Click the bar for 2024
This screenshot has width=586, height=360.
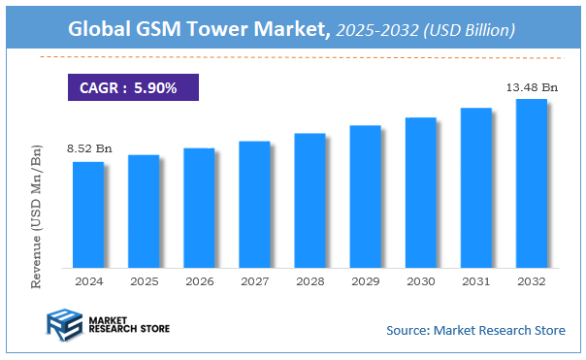click(87, 214)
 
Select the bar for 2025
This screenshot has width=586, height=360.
click(143, 211)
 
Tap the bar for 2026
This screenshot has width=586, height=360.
click(198, 208)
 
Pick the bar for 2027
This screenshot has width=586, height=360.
click(253, 204)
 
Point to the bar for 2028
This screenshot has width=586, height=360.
click(309, 200)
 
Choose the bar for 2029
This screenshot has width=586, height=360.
click(365, 196)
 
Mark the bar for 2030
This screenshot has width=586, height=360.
click(420, 192)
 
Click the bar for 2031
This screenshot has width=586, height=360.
click(475, 187)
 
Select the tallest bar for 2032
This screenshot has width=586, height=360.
click(531, 182)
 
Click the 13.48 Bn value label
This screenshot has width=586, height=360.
click(531, 87)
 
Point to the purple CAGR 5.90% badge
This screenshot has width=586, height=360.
click(132, 87)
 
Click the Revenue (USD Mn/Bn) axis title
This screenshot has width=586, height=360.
click(38, 215)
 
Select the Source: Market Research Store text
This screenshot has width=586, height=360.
click(475, 331)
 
